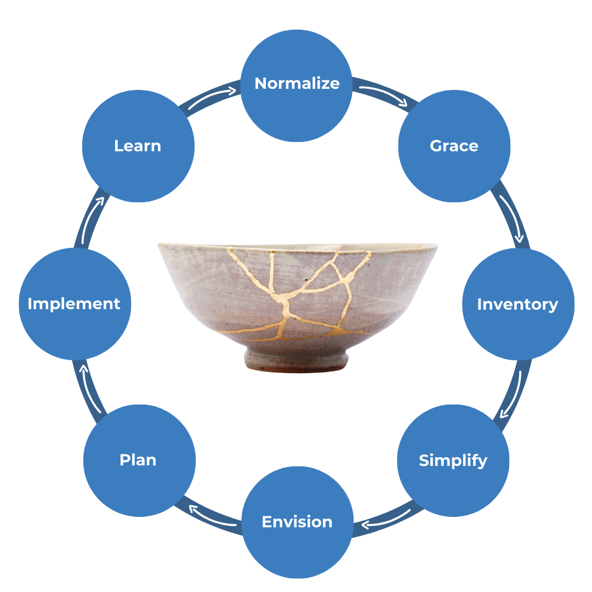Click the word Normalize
pos(297,83)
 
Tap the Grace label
pos(454,146)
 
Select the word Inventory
pos(517,304)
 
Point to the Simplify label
pos(453,460)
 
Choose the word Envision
pos(297,522)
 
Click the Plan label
pos(138,460)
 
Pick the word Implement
pos(74,304)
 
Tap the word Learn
pos(138,146)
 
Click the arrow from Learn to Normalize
pos(211,95)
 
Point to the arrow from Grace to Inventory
pos(512,217)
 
